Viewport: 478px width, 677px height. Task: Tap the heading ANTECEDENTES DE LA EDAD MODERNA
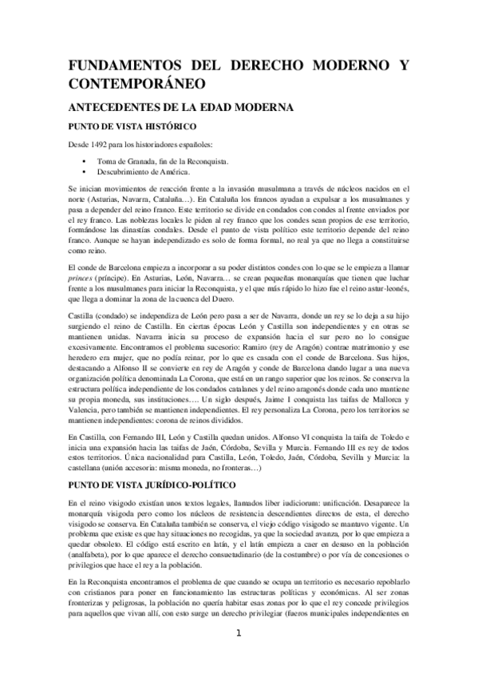172,106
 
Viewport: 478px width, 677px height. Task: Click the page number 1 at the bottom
238,657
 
